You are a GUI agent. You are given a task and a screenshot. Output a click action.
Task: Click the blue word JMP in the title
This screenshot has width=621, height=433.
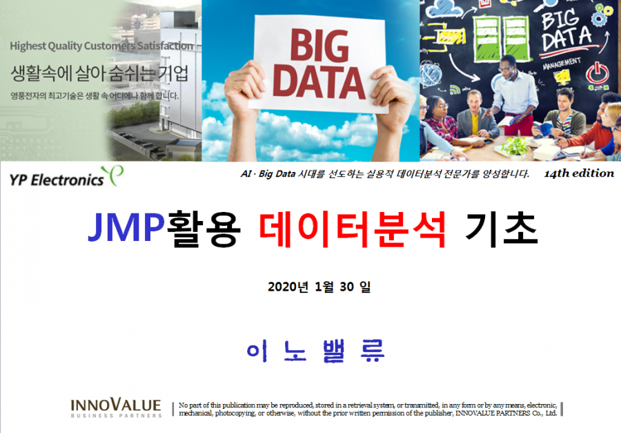tap(126, 227)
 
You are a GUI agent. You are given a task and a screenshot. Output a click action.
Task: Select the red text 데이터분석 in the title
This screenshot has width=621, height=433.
tap(353, 229)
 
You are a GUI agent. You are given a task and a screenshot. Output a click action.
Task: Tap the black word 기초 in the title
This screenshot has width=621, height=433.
tap(502, 229)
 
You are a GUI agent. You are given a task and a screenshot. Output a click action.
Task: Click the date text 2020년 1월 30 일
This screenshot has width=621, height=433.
tap(319, 287)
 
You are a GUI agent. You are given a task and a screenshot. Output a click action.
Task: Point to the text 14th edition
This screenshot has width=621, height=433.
tap(579, 173)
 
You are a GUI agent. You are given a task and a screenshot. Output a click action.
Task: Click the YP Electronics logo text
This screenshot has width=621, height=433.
tap(57, 180)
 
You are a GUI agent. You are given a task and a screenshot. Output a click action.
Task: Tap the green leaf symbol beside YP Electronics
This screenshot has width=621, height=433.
tap(113, 175)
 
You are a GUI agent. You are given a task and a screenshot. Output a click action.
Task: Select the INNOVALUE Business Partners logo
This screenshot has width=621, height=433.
tap(116, 408)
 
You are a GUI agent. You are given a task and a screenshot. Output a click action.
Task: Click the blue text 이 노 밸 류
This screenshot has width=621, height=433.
tap(315, 351)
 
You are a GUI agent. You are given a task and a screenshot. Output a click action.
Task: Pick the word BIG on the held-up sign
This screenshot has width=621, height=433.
tap(319, 46)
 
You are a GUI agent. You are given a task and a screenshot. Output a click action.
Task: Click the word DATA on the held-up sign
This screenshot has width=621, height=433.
tap(319, 82)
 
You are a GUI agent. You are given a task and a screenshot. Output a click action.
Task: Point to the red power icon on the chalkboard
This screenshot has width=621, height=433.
tap(598, 74)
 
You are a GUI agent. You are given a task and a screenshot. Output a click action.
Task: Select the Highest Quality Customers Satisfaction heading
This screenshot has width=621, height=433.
tap(102, 46)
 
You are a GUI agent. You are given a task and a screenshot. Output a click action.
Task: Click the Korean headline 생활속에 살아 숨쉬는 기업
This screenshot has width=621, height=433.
tap(99, 73)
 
